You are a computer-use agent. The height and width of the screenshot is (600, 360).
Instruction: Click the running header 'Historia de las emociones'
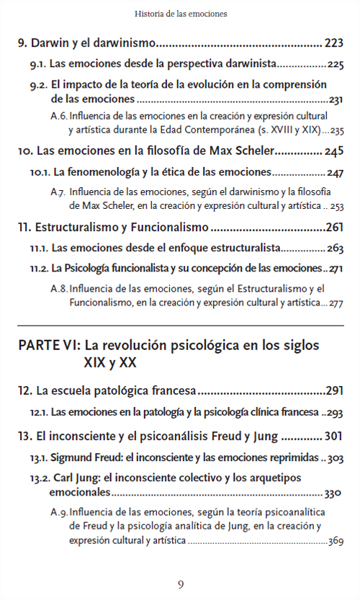[x=180, y=13]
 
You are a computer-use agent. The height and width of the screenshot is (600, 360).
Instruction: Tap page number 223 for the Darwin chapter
[x=334, y=42]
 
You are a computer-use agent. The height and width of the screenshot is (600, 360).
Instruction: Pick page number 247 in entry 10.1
[x=335, y=173]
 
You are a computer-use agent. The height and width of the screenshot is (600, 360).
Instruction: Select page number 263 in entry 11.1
[x=335, y=249]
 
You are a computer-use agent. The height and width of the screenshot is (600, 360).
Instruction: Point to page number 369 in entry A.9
[x=334, y=541]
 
